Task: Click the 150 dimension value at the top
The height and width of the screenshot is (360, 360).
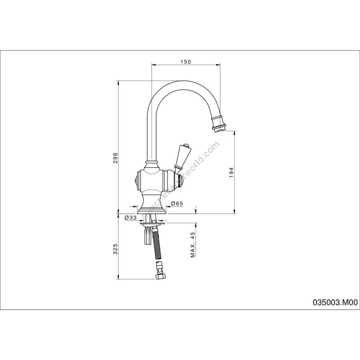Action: (x=186, y=62)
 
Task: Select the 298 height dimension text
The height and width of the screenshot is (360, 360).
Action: (x=116, y=158)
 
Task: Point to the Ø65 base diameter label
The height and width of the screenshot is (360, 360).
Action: (x=177, y=204)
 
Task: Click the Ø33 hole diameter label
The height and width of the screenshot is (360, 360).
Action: (x=131, y=218)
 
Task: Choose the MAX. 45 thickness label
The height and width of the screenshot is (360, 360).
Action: (x=193, y=244)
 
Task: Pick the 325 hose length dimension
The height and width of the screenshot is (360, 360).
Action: (x=116, y=249)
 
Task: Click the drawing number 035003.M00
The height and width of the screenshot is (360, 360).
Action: (x=335, y=303)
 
